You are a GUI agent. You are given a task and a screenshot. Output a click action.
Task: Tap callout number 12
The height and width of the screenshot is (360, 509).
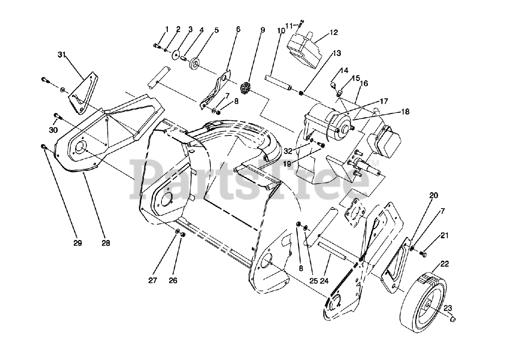click(x=334, y=33)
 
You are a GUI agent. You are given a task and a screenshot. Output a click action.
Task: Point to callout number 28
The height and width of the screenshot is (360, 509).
click(x=105, y=243)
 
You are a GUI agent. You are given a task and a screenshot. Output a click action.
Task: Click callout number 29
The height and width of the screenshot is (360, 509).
click(x=78, y=243)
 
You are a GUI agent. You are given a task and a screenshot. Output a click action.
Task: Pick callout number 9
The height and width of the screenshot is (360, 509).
click(x=262, y=29)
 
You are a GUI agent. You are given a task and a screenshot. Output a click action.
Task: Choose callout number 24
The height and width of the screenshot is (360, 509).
click(x=324, y=281)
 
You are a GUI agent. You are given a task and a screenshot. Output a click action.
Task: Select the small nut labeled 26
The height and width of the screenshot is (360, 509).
click(x=183, y=236)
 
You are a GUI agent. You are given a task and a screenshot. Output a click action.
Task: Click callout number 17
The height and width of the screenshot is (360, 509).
click(x=383, y=101)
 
